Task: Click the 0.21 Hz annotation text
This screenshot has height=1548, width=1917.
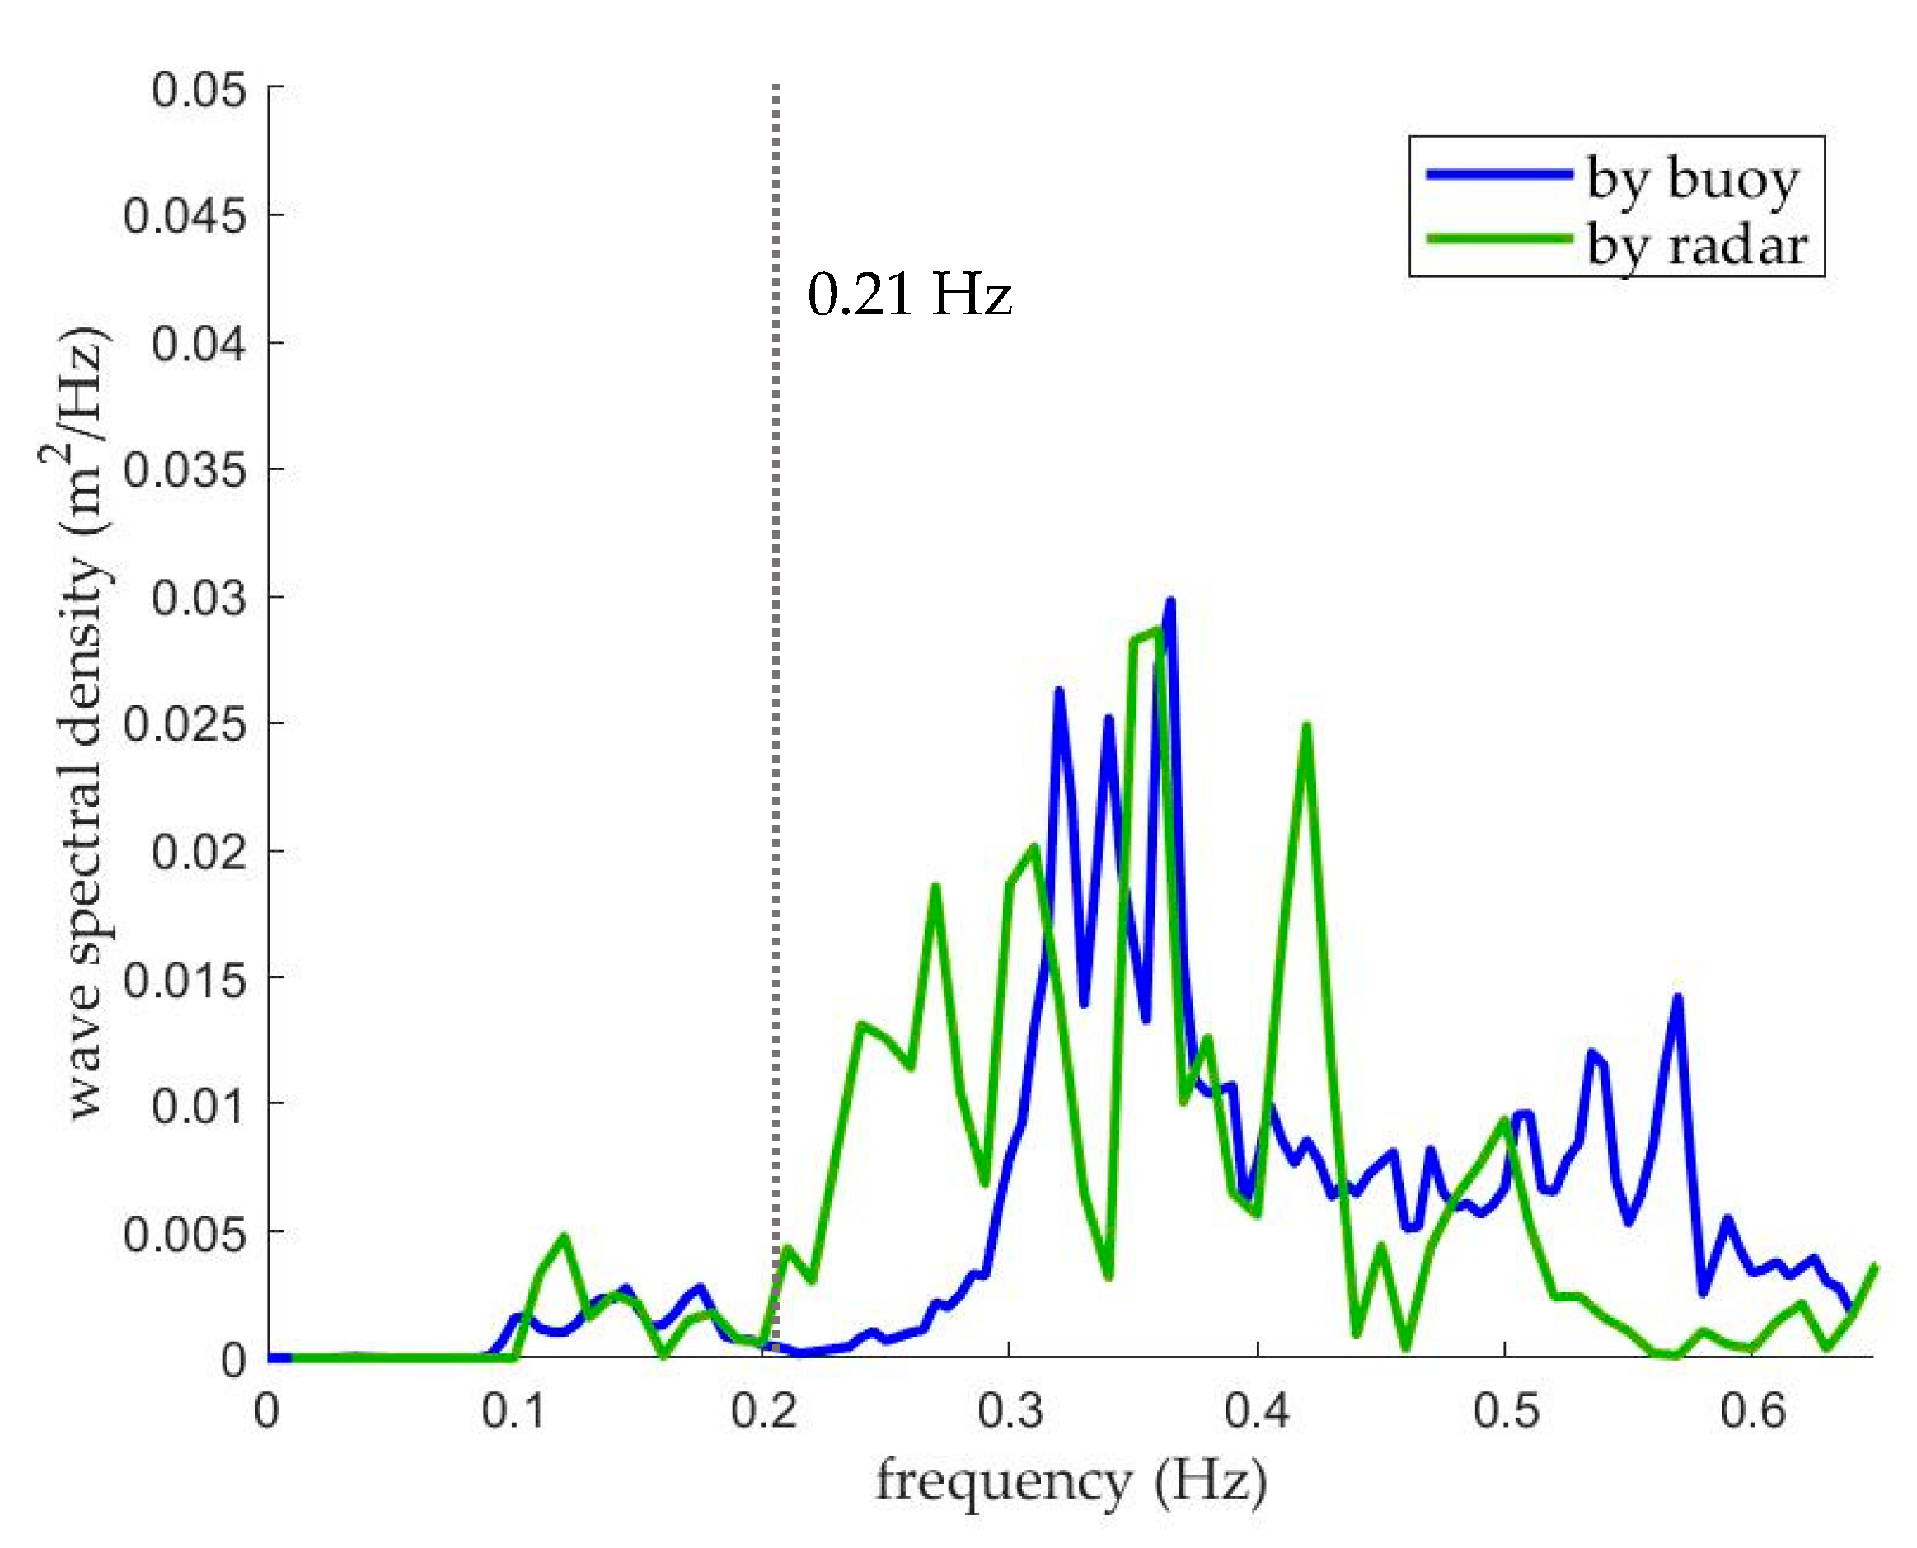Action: coord(909,294)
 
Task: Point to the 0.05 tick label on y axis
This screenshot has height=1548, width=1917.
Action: coord(198,90)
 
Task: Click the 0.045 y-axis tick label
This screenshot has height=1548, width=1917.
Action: coord(185,216)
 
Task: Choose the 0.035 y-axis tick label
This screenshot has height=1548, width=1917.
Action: coord(185,469)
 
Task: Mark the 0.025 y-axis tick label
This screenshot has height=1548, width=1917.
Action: coord(185,723)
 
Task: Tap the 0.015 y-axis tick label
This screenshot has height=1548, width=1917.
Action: coord(185,979)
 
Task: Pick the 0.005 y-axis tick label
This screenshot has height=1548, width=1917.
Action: coord(185,1233)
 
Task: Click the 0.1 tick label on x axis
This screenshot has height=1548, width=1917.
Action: coord(513,1412)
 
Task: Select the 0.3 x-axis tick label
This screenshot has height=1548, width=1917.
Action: coord(1009,1412)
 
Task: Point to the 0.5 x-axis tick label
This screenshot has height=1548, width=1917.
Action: coord(1505,1412)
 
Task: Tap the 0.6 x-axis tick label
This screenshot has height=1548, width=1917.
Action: coord(1752,1412)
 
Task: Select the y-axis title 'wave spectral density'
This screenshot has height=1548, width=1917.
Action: coord(85,722)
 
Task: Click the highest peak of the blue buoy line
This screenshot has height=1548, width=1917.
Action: coord(1170,601)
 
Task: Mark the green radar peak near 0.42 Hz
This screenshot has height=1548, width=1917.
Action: coord(1306,725)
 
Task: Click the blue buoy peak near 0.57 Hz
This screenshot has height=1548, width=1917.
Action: coord(1677,997)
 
